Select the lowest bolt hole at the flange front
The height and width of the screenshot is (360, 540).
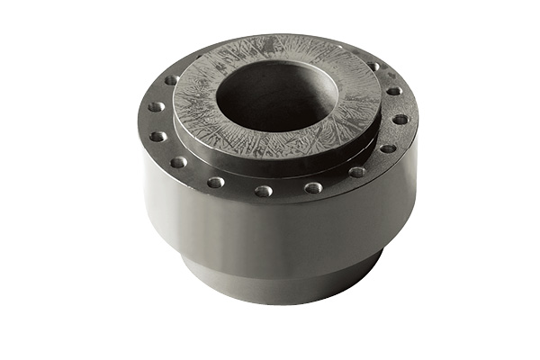[x=263, y=191]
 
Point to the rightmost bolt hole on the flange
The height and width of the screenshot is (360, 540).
[x=400, y=119]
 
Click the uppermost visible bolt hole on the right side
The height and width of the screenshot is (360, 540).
[x=373, y=67]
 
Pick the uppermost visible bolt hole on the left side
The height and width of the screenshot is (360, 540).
[x=171, y=80]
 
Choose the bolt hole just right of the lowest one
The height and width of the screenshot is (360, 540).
[x=313, y=187]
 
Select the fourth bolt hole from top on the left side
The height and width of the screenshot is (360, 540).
[x=179, y=163]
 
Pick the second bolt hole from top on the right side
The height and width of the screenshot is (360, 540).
[x=393, y=91]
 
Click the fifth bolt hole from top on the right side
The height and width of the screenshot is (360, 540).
[x=357, y=171]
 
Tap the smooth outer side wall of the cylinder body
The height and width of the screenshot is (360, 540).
[x=270, y=229]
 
